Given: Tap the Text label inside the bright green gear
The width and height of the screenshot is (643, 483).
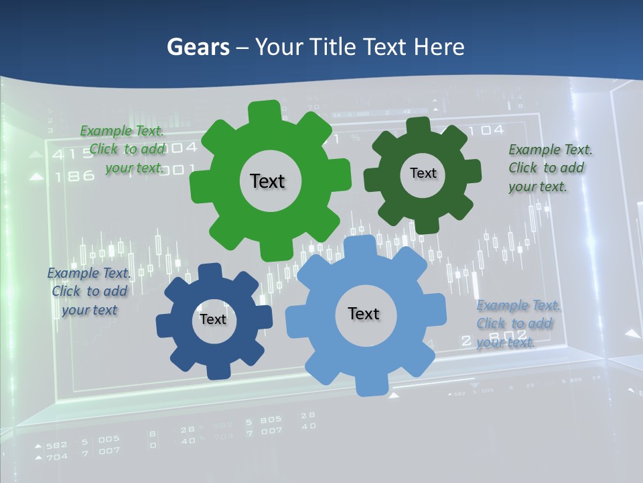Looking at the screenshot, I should point(267,181).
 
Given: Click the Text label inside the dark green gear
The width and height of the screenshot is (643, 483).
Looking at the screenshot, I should point(423,173).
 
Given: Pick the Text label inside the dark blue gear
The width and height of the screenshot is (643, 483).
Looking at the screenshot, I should point(213,319).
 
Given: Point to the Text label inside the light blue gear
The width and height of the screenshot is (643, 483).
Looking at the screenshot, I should point(364,313).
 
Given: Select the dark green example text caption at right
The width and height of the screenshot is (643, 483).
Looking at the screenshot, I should point(549,168).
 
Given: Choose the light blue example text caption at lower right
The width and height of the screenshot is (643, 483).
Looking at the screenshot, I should point(517,324).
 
